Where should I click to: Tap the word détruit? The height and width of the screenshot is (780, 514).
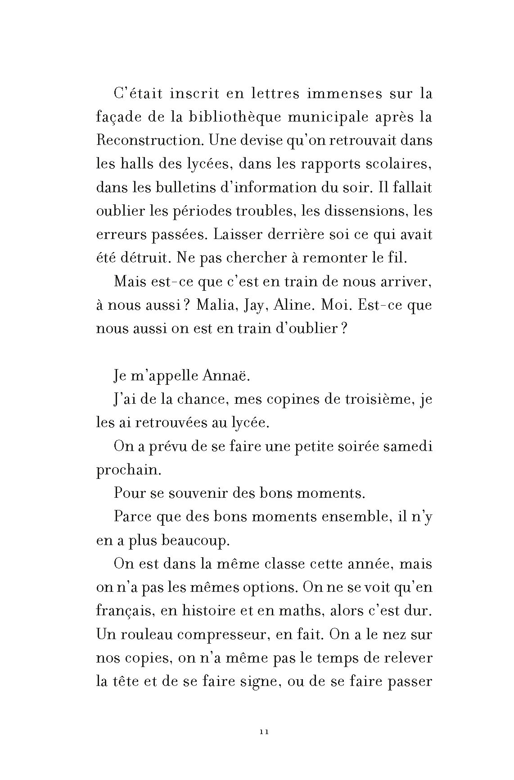coord(143,258)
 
